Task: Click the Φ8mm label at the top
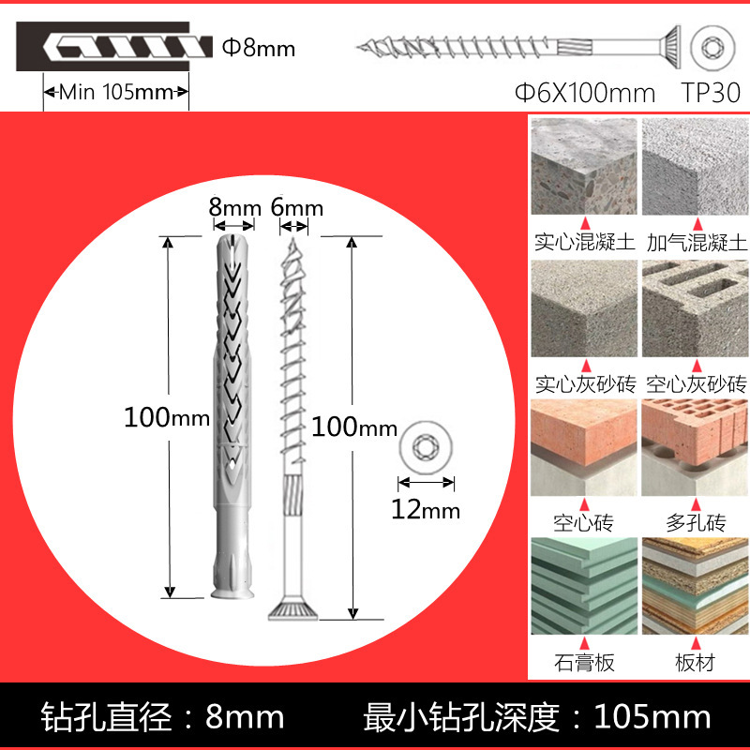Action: (257, 47)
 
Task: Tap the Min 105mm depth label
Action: (117, 92)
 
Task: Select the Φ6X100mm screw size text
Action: (585, 93)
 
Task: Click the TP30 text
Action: (712, 93)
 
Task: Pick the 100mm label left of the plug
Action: (166, 417)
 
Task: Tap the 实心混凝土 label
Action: (585, 243)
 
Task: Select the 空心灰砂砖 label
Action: (696, 383)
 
